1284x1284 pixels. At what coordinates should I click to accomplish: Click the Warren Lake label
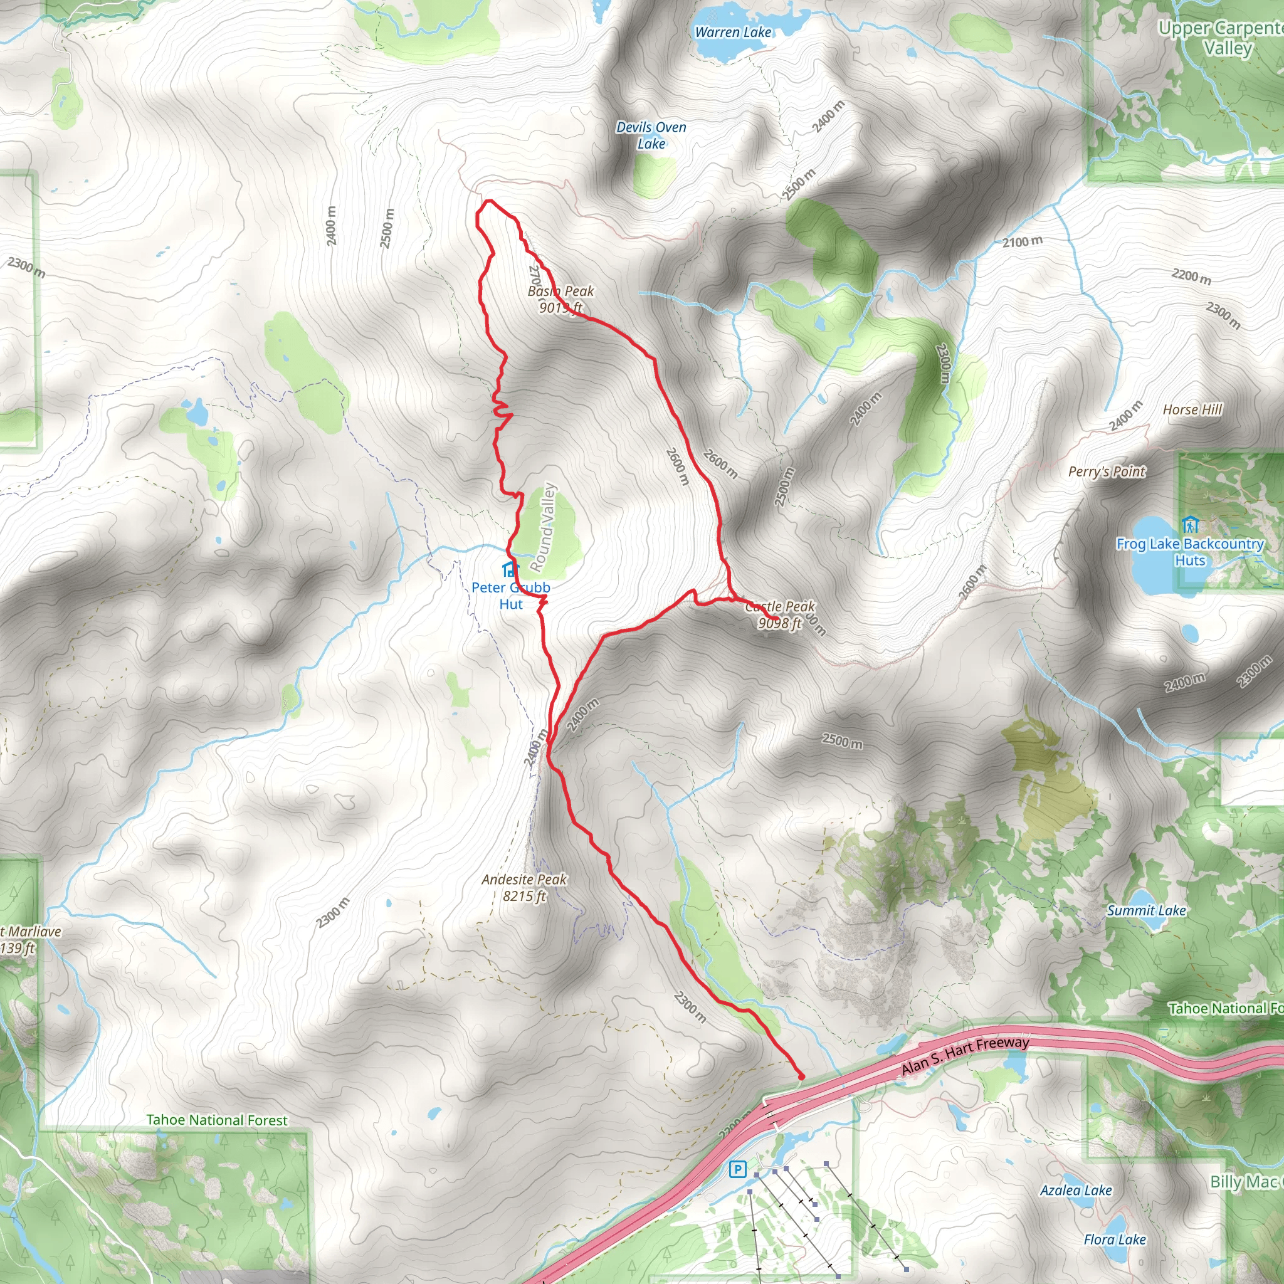coord(733,32)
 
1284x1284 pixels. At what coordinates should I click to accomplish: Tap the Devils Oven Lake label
coord(651,135)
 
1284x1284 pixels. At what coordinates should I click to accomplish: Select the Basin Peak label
coord(561,299)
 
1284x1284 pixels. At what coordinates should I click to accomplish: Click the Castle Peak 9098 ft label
coord(779,614)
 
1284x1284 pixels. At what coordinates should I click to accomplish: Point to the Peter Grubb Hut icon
coord(510,569)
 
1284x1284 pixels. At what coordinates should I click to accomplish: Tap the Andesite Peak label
coord(524,887)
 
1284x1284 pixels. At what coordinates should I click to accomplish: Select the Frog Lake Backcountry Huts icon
coord(1189,525)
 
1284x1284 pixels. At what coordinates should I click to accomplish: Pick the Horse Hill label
coord(1192,409)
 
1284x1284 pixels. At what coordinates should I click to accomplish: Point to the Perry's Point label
coord(1107,471)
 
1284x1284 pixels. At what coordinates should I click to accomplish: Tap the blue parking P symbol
coord(737,1169)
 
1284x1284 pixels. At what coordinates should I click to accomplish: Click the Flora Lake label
coord(1115,1239)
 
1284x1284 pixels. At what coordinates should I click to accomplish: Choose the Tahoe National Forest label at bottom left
coord(217,1120)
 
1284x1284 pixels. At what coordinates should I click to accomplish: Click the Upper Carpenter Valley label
coord(1221,38)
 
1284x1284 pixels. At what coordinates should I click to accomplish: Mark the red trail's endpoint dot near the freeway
coord(801,1076)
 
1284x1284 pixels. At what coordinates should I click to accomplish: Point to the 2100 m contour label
coord(1022,242)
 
